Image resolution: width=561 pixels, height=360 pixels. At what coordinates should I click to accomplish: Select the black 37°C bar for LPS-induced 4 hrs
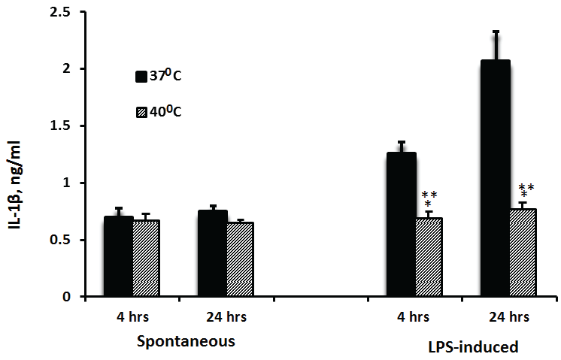401,225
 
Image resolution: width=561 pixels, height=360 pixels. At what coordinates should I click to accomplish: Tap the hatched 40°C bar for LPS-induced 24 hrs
523,253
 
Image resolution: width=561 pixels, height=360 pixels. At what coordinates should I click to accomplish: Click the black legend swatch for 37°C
141,76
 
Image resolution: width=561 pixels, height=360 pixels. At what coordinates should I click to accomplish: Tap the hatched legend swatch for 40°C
141,112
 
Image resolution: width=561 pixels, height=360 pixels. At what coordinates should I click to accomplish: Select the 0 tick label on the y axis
68,297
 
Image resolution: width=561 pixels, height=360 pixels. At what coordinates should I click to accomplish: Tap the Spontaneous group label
186,340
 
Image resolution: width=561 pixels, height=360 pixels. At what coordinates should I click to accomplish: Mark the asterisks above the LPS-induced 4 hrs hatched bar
429,198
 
